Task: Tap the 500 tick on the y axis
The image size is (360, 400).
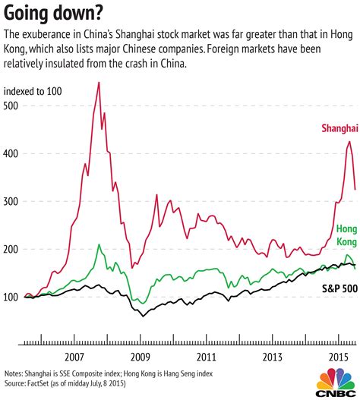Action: coord(13,106)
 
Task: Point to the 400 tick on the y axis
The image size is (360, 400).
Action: coord(13,153)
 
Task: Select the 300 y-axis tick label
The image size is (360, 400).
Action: coord(13,202)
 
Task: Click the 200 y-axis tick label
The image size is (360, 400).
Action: coord(13,250)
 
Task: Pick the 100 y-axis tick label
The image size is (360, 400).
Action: coord(13,298)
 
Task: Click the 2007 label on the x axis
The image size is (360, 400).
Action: coord(74,357)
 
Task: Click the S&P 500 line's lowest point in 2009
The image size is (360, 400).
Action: coord(141,316)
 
